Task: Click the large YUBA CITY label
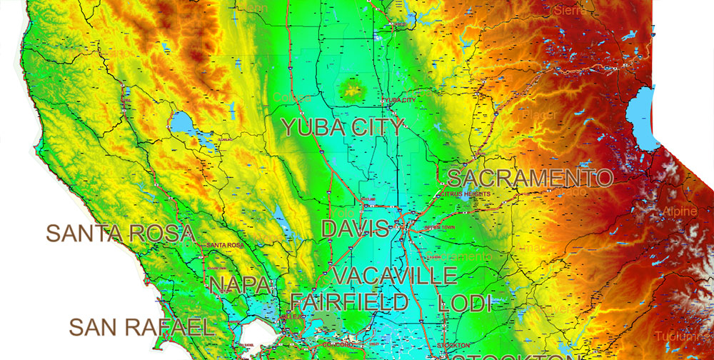(343, 129)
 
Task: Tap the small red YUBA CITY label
(398, 101)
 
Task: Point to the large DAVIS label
(355, 229)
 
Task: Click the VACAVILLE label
(395, 276)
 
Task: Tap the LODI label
(465, 302)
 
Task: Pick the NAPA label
(240, 286)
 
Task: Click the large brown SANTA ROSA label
(121, 233)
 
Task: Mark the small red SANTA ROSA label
(225, 246)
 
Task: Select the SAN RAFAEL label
(141, 328)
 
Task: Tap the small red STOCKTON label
(454, 346)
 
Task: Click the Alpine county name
(678, 211)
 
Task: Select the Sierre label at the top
(570, 10)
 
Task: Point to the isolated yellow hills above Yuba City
(352, 90)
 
